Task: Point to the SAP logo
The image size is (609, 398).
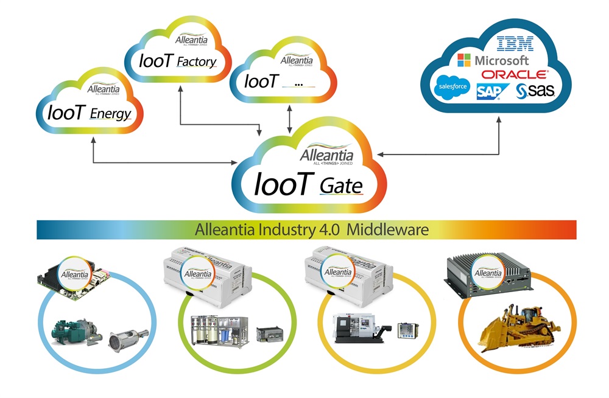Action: coord(488,91)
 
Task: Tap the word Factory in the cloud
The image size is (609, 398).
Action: coord(195,61)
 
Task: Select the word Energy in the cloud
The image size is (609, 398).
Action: coord(110,113)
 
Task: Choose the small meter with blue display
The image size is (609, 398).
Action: coord(406,329)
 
